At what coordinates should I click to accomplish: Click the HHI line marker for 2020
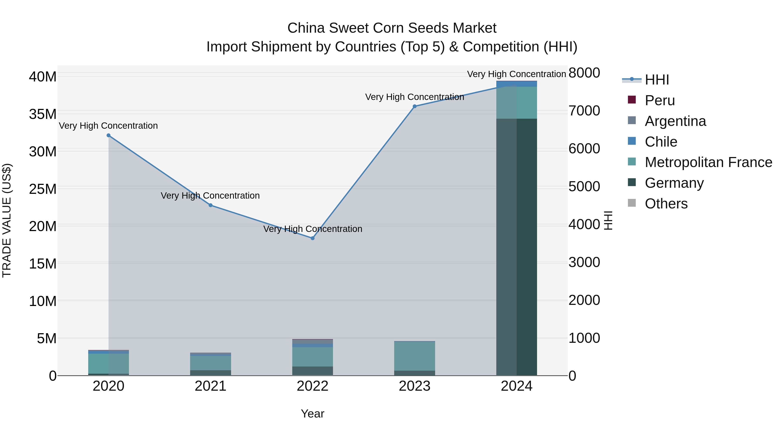(108, 135)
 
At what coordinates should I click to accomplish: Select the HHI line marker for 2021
(210, 205)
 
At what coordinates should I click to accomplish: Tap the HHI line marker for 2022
(312, 238)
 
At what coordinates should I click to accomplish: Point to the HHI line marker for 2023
(414, 106)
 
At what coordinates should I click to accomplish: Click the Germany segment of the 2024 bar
(517, 247)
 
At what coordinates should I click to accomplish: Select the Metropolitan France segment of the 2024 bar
(517, 103)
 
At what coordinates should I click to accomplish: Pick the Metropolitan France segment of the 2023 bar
(414, 356)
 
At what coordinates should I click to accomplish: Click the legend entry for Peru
(659, 100)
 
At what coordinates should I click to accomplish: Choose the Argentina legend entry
(675, 121)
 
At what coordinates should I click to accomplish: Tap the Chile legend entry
(661, 142)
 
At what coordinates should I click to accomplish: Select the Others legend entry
(666, 204)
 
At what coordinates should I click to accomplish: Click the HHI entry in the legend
(656, 80)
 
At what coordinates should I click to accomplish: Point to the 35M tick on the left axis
(43, 114)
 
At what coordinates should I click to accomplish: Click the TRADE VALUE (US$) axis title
(7, 220)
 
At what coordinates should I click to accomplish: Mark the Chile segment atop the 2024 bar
(517, 84)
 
